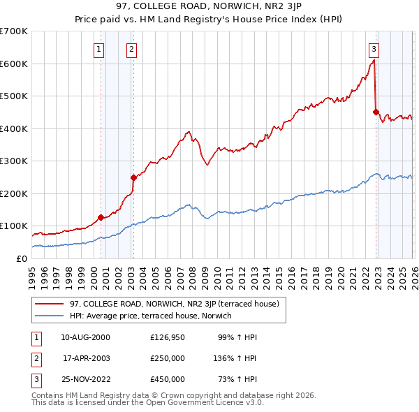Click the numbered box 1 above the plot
click(x=99, y=49)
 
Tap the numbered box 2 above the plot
click(x=132, y=49)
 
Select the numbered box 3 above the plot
click(x=374, y=49)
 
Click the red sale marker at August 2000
click(x=101, y=217)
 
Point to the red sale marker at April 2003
click(x=133, y=177)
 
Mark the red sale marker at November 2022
click(x=376, y=112)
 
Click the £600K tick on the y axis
click(x=14, y=64)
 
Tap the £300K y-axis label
click(x=14, y=161)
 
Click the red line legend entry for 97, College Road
click(x=175, y=304)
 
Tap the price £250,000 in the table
click(x=168, y=358)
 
